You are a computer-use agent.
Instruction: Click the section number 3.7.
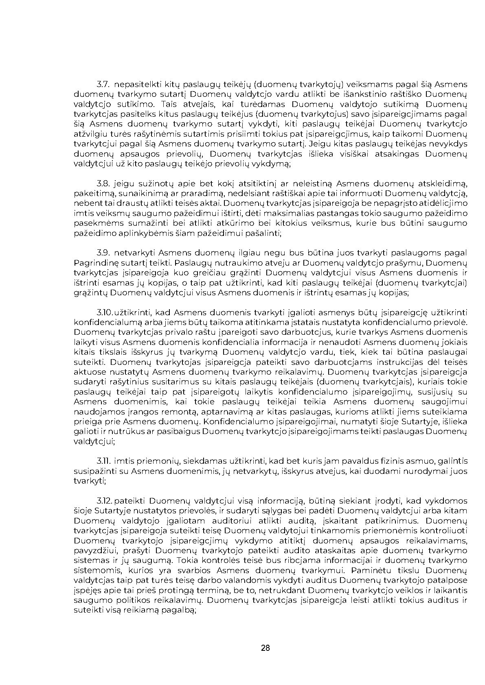pyautogui.click(x=103, y=85)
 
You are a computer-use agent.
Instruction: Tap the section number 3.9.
pyautogui.click(x=103, y=253)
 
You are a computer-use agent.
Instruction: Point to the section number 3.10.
pyautogui.click(x=105, y=313)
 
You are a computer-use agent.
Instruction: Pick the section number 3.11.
pyautogui.click(x=104, y=461)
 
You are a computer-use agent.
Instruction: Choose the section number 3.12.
pyautogui.click(x=104, y=501)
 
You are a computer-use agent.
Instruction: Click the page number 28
pyautogui.click(x=265, y=648)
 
